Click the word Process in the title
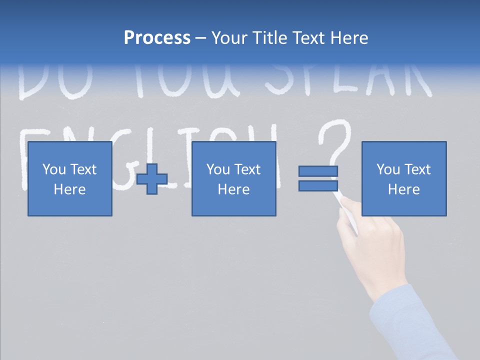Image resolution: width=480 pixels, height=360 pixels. click(x=157, y=38)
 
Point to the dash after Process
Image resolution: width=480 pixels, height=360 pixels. click(x=201, y=38)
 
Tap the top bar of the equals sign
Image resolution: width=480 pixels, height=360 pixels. click(x=318, y=171)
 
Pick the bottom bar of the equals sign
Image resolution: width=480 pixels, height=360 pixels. click(x=318, y=186)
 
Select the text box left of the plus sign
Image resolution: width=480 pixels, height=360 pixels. click(x=70, y=179)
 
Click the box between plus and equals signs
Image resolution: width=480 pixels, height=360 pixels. click(x=233, y=179)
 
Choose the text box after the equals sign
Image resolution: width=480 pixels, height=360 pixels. click(x=404, y=179)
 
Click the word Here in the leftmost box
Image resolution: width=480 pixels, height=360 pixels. click(x=70, y=189)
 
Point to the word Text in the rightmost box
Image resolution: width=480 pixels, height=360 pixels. click(x=417, y=169)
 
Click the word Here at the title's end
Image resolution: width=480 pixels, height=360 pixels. click(x=348, y=38)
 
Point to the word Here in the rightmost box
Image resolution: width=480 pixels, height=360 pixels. click(x=404, y=189)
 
